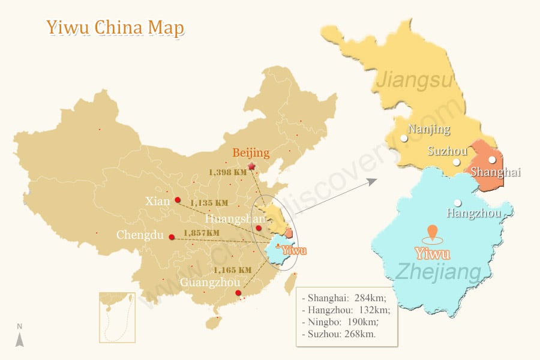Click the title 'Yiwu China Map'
115,28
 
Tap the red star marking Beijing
251,166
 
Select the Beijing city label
251,152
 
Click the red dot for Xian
178,200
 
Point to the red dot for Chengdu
172,237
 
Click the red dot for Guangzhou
238,293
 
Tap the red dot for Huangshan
259,228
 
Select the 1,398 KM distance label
227,172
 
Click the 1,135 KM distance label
209,203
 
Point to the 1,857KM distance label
202,233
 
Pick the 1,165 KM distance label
233,270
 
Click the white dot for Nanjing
404,138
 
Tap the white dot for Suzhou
457,162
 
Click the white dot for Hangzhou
458,203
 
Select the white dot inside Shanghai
493,160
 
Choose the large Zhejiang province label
439,272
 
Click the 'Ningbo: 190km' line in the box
340,322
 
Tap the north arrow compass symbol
20,335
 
